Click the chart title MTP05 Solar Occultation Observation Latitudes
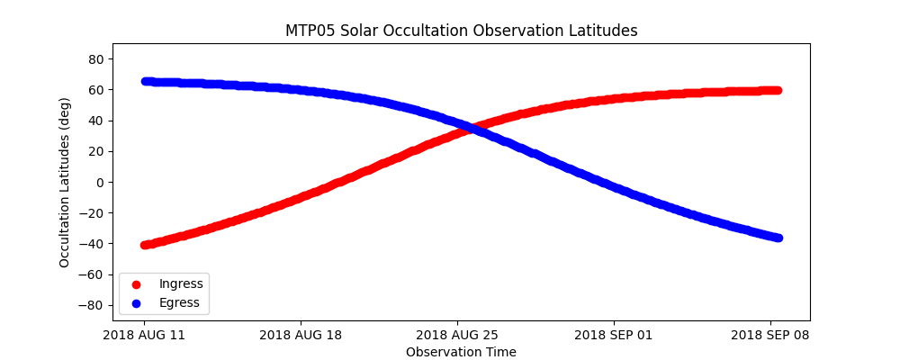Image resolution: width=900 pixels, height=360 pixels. pyautogui.click(x=461, y=31)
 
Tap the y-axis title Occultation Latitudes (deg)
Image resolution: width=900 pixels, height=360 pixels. pyautogui.click(x=65, y=182)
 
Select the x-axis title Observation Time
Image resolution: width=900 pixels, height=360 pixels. pyautogui.click(x=461, y=352)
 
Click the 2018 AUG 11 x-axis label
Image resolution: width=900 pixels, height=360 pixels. pyautogui.click(x=144, y=336)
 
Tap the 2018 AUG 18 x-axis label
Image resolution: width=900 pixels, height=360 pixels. pyautogui.click(x=301, y=336)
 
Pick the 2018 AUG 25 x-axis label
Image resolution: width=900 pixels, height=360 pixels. pyautogui.click(x=457, y=336)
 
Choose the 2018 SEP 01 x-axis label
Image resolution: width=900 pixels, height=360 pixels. pyautogui.click(x=614, y=336)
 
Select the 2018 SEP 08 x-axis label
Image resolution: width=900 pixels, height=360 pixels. pyautogui.click(x=770, y=336)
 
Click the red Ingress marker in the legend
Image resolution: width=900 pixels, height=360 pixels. pyautogui.click(x=137, y=284)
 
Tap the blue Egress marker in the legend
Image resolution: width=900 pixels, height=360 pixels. pyautogui.click(x=137, y=303)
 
